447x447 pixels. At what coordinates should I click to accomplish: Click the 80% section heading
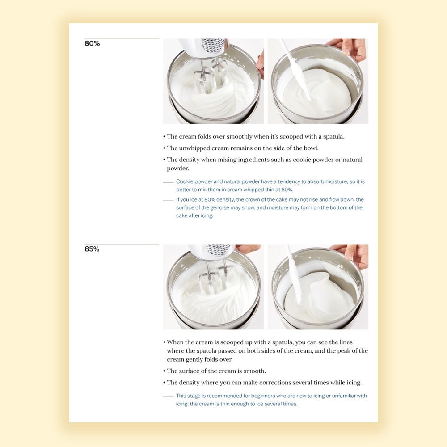click(x=92, y=43)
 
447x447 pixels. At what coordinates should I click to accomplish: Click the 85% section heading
click(x=92, y=249)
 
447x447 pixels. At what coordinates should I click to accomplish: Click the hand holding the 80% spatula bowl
click(x=350, y=48)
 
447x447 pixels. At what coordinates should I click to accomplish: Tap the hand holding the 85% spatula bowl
click(x=352, y=254)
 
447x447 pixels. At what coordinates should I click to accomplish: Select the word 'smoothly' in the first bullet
click(x=239, y=136)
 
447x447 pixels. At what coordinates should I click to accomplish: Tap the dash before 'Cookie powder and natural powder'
click(x=168, y=182)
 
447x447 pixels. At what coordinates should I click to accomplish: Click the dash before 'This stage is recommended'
click(x=168, y=396)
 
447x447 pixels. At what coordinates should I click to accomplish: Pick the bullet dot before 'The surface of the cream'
click(x=164, y=371)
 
